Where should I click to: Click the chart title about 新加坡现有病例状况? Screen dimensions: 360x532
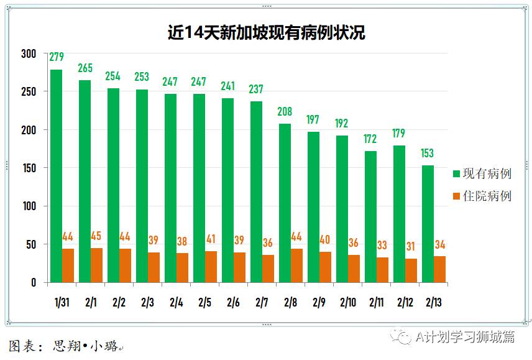click(266, 32)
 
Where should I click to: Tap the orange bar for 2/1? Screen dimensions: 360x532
click(96, 265)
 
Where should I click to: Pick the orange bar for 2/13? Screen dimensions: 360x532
click(439, 269)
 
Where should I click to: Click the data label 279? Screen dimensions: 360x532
click(57, 58)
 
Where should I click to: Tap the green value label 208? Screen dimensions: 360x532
click(285, 113)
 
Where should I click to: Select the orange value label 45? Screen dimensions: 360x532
click(96, 236)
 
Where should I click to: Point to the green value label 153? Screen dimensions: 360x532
click(428, 154)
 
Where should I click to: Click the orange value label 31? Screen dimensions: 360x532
click(411, 247)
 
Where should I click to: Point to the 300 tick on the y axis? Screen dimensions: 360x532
click(29, 54)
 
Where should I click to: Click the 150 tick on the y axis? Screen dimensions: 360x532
click(29, 168)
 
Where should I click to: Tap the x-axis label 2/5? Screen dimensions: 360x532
click(205, 303)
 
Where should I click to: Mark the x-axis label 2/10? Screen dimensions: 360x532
click(347, 303)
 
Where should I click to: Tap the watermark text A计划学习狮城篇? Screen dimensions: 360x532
click(465, 336)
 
